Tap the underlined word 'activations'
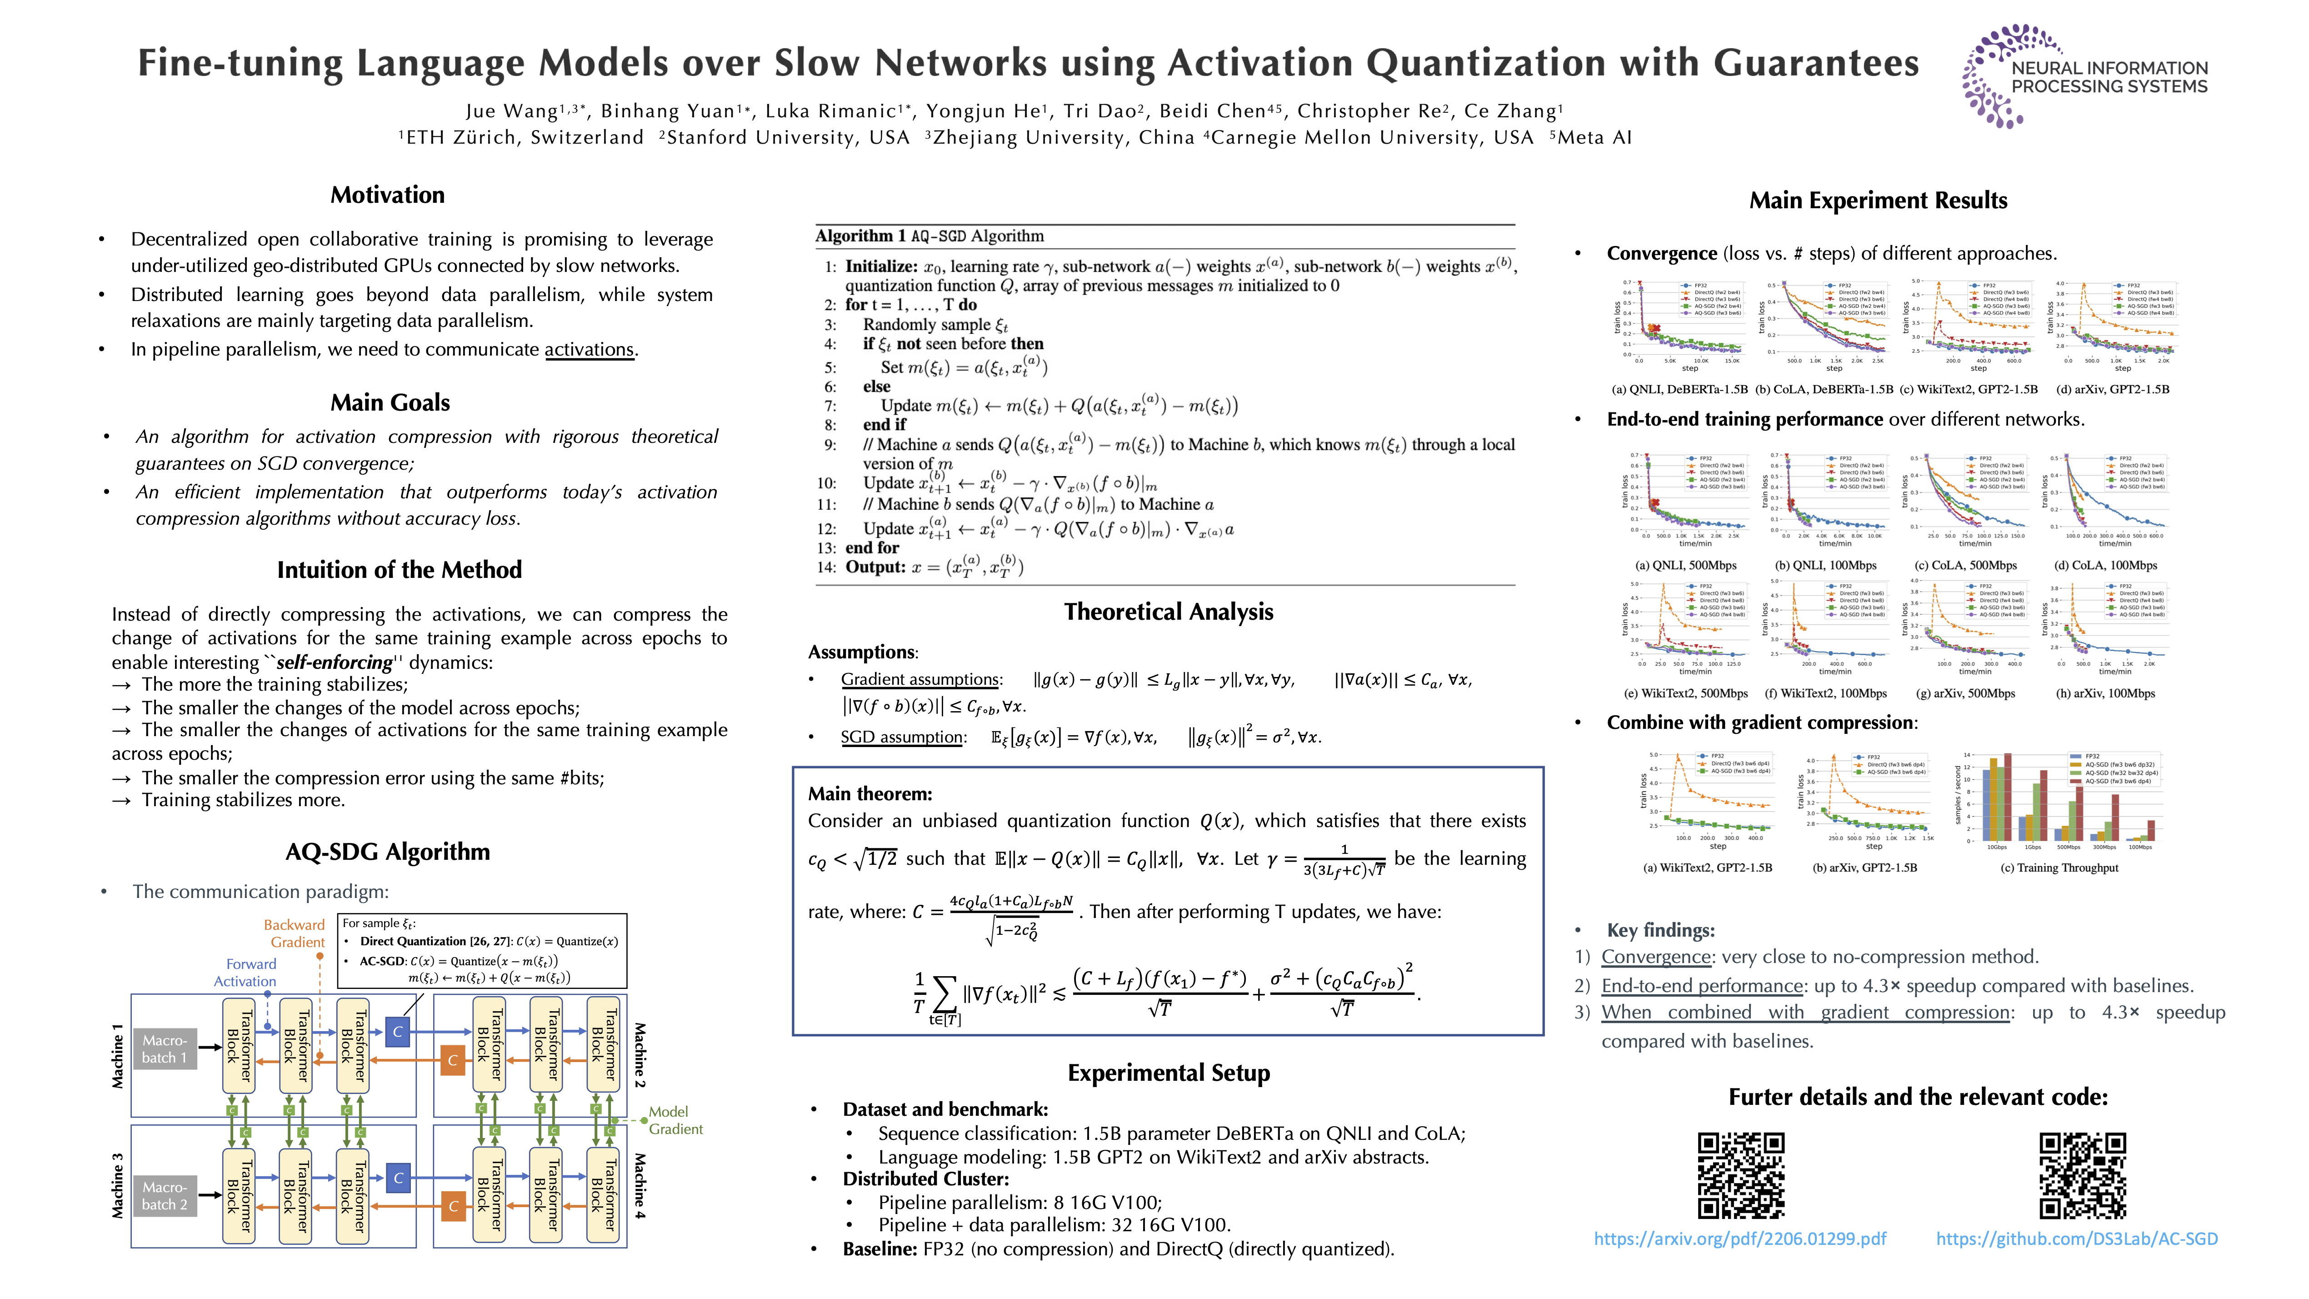589,350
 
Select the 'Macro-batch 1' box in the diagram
165,1049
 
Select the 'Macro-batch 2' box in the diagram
165,1196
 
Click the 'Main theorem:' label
870,793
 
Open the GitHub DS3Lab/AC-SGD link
2077,1239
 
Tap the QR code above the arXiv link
1741,1175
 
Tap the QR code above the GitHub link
2082,1175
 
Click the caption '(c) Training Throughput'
2059,868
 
